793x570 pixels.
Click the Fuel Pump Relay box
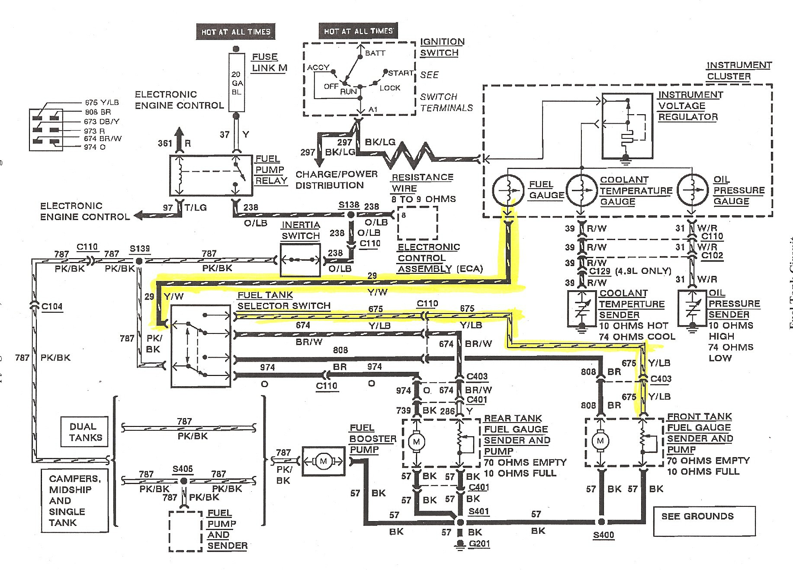point(211,175)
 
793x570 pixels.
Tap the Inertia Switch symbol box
point(300,260)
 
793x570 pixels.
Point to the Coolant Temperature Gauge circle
point(582,189)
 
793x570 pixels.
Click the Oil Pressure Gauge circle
point(693,189)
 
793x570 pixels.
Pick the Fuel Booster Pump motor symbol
point(323,461)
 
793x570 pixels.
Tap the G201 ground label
point(479,543)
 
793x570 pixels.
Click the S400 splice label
point(603,535)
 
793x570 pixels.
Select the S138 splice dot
point(351,215)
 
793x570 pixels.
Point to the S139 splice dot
point(139,261)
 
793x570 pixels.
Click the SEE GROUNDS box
point(704,521)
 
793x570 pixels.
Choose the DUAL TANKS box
point(85,432)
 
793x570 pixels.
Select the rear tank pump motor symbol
point(417,442)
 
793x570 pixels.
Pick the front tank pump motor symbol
point(600,441)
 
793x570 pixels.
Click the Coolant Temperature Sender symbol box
point(582,308)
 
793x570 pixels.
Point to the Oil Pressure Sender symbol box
point(692,308)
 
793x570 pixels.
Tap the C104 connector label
point(52,307)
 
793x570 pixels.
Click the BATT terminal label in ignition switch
point(375,53)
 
